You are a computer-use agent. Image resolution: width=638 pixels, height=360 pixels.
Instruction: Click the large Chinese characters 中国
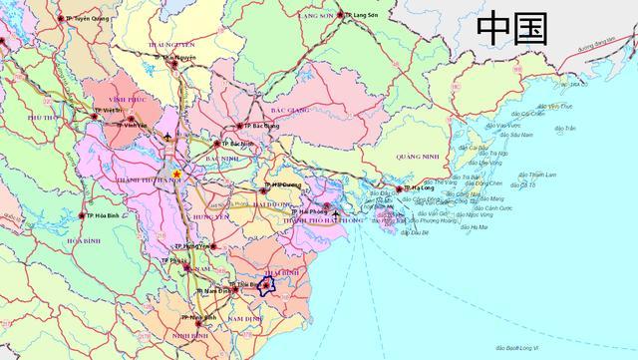[512, 27]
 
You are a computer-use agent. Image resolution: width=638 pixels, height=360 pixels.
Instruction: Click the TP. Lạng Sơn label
[362, 16]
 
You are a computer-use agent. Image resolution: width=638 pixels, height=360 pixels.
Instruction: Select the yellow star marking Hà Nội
[176, 174]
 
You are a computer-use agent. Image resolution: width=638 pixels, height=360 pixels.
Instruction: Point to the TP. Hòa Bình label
[101, 216]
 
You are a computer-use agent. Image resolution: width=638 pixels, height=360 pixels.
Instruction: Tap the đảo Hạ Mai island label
[476, 227]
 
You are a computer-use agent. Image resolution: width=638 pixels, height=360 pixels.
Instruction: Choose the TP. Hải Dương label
[283, 186]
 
